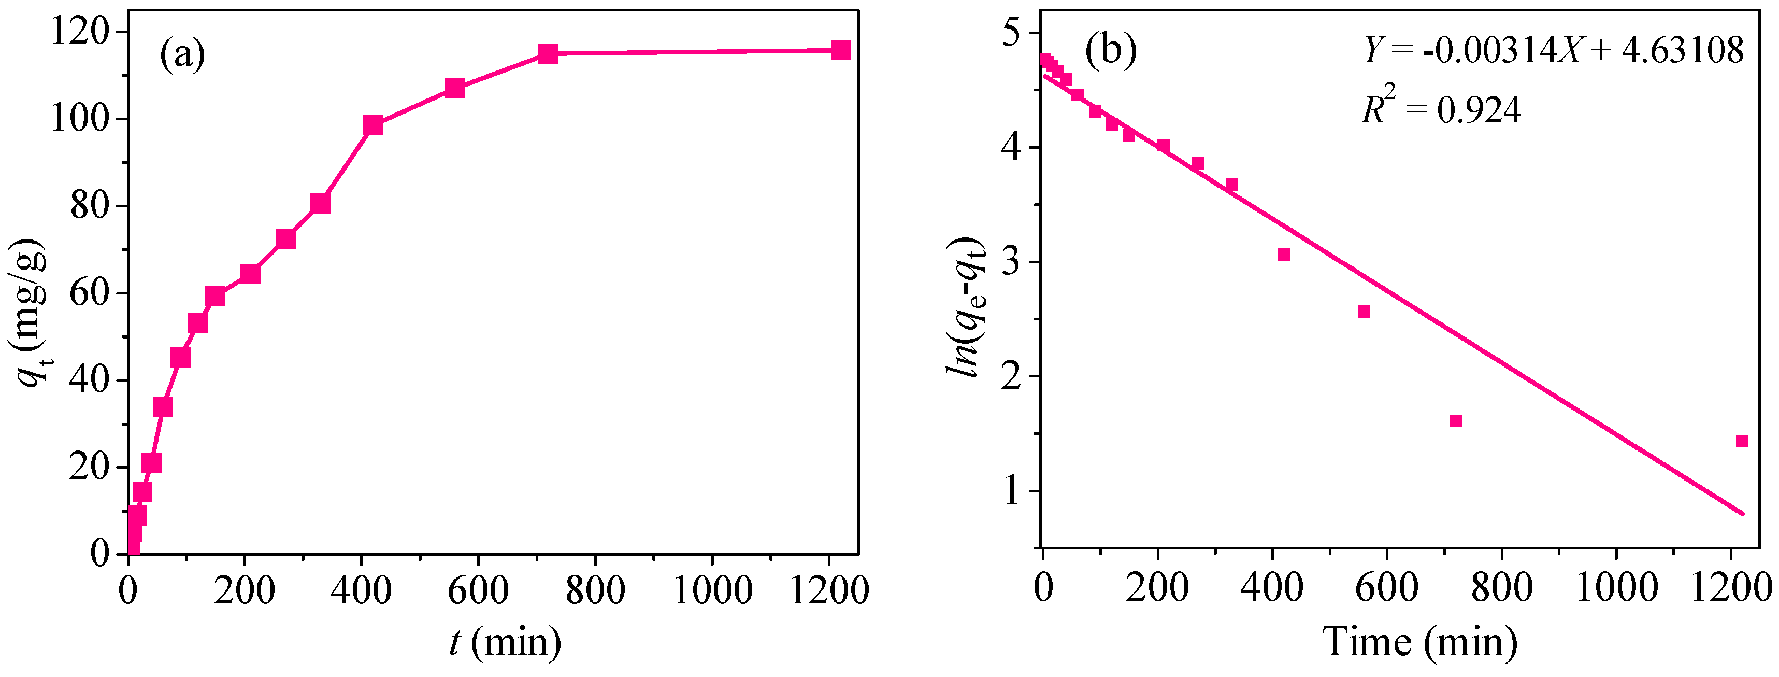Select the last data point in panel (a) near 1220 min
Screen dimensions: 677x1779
pos(840,50)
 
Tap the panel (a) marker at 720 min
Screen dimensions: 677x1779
pos(548,53)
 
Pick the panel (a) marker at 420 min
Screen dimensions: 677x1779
pos(373,125)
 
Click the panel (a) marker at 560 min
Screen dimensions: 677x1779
pos(454,89)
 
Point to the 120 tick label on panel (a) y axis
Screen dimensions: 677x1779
pos(79,32)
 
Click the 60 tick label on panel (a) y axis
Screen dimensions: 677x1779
pos(90,293)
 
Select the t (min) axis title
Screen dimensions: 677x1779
pos(505,642)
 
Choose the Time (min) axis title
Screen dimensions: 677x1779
pos(1420,642)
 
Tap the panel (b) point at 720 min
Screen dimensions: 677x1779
pos(1455,421)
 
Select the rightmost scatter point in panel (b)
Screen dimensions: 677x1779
pos(1742,441)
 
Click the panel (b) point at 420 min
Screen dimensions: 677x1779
pos(1283,254)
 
